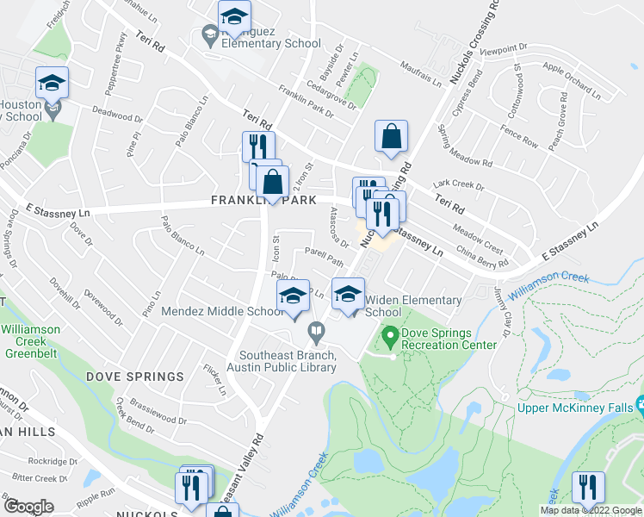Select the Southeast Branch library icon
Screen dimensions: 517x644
pyautogui.click(x=317, y=330)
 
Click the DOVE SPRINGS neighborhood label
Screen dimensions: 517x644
pyautogui.click(x=134, y=377)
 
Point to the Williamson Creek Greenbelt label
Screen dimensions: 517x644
pyautogui.click(x=31, y=340)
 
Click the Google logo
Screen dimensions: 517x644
pyautogui.click(x=28, y=507)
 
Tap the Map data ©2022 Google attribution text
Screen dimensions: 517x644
pyautogui.click(x=591, y=510)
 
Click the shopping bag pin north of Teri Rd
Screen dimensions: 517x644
pyautogui.click(x=391, y=138)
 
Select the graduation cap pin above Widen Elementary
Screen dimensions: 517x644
pyautogui.click(x=348, y=296)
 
